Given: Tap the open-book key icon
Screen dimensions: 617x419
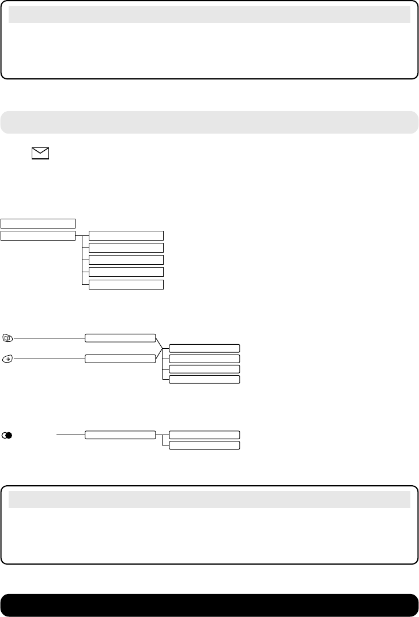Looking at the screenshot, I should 7,337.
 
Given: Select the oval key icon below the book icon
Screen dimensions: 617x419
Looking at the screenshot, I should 7,359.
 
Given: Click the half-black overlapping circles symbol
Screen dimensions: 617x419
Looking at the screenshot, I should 7,435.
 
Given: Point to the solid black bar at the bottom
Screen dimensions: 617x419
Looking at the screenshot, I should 209,605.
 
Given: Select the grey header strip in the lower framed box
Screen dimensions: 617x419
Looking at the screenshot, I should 209,500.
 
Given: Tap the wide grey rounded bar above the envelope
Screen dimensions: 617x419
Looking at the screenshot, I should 209,122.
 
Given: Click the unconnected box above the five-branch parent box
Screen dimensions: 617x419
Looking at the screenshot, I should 38,223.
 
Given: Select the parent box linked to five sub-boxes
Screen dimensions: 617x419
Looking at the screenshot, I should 38,235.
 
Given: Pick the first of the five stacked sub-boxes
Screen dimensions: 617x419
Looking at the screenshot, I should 126,235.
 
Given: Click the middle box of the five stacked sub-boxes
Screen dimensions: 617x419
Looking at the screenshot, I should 126,260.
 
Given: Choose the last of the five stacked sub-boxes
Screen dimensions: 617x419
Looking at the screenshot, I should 126,284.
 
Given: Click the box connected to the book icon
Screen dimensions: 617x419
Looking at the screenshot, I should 120,337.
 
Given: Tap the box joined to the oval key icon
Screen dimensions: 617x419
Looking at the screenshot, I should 120,359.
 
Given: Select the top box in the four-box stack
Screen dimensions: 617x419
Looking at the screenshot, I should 204,348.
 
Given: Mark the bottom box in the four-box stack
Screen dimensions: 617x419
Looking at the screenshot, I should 204,379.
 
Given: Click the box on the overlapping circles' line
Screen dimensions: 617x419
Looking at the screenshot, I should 120,435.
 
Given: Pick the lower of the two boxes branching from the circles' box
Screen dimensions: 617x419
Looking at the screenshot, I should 204,445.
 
